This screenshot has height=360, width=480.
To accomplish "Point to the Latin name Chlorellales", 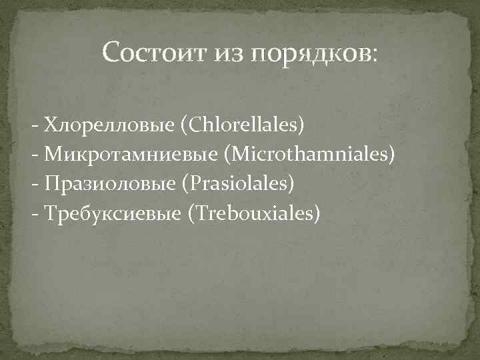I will (x=247, y=125).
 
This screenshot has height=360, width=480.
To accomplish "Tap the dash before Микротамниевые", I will (x=34, y=156).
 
